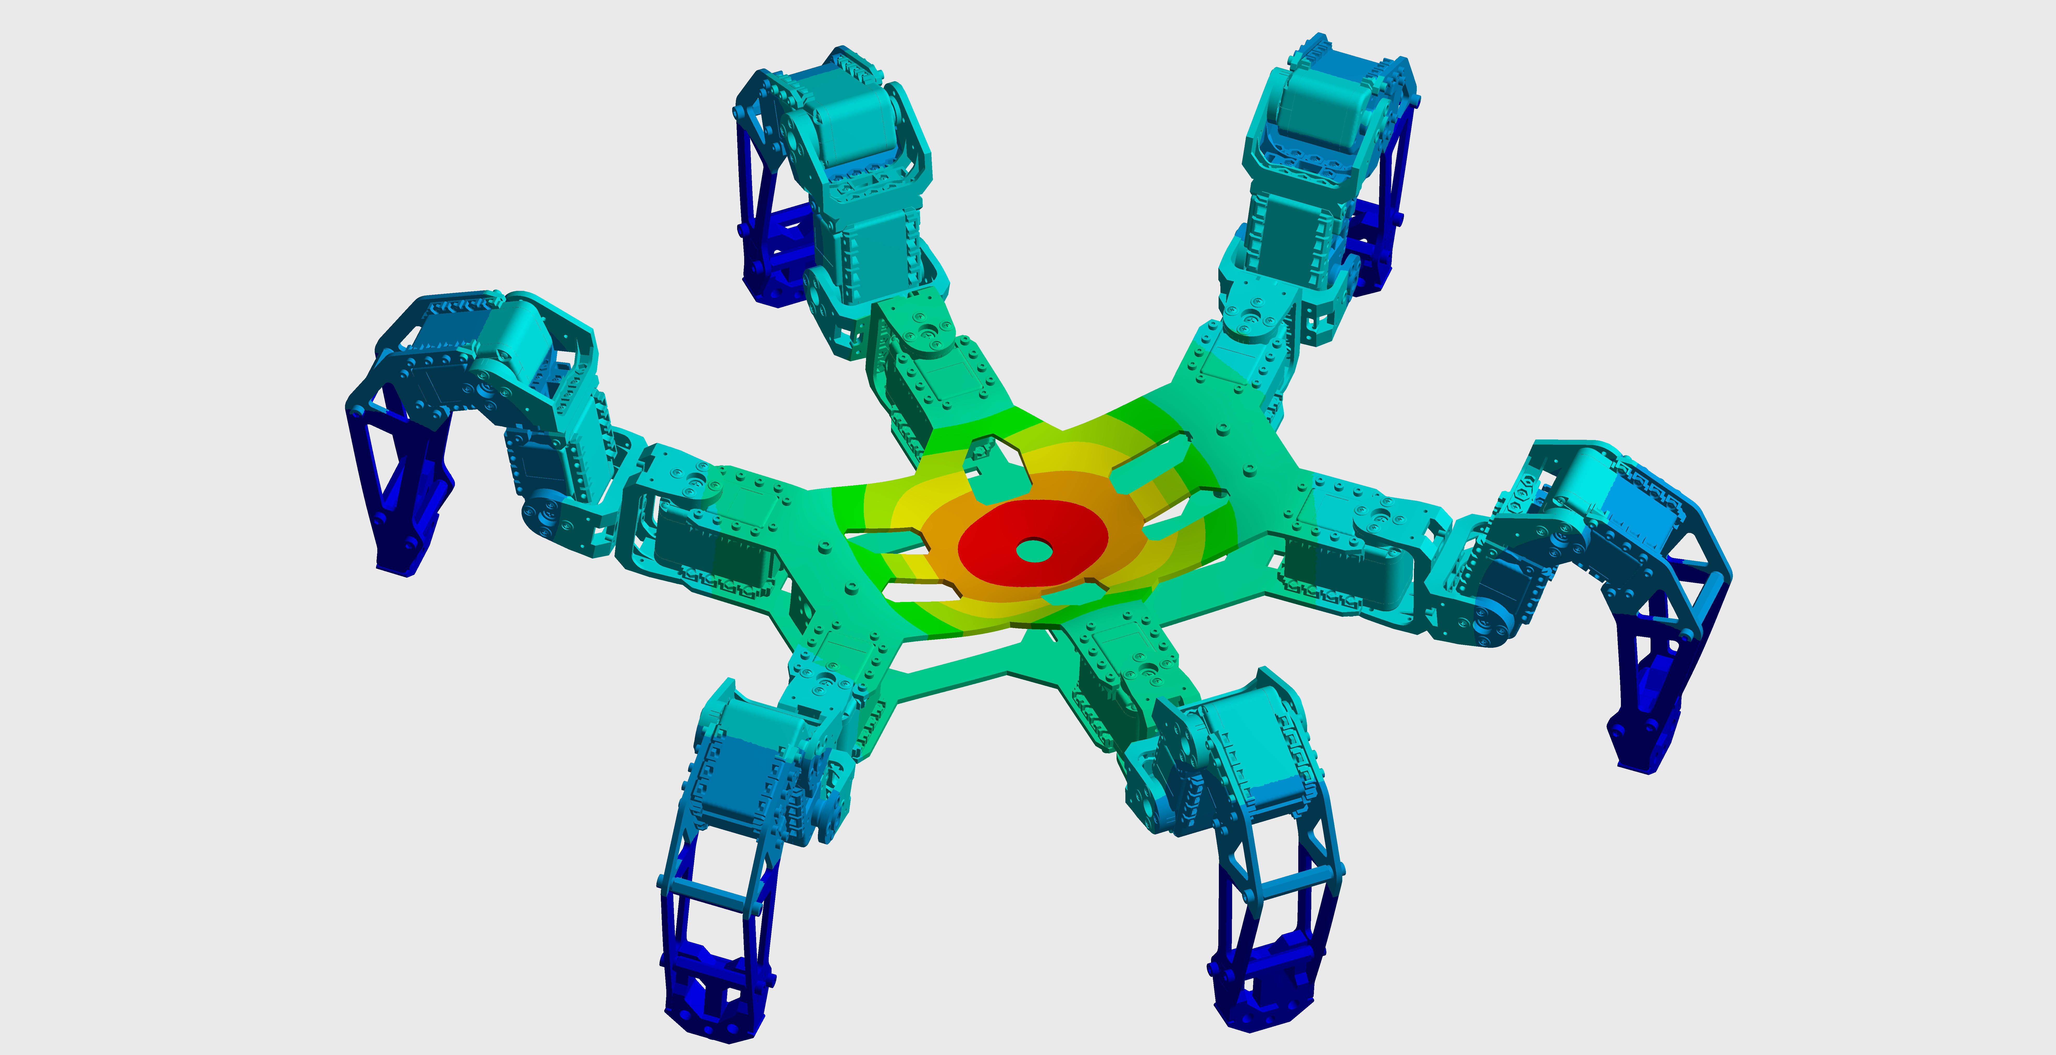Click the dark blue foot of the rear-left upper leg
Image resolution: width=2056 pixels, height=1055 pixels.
pyautogui.click(x=770, y=271)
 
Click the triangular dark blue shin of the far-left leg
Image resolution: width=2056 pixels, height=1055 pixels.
pyautogui.click(x=391, y=463)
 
